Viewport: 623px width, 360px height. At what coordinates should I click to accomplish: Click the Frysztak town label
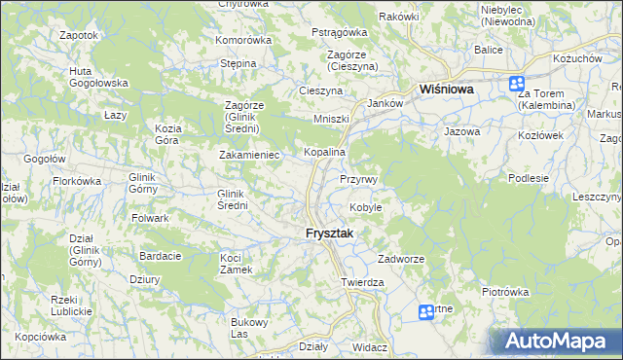(320, 234)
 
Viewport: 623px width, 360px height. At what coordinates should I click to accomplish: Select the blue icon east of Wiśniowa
(516, 85)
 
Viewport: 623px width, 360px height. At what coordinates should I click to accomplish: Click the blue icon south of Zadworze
(425, 312)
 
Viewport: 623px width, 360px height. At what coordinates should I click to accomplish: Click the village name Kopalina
(325, 153)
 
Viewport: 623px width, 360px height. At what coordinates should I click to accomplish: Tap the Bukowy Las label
(247, 328)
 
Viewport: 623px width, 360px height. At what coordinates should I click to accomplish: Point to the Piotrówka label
(504, 291)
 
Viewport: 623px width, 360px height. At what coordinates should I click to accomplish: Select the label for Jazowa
(462, 129)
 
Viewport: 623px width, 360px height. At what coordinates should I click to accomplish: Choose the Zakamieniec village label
(249, 155)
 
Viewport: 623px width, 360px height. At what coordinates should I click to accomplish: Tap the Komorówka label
(243, 40)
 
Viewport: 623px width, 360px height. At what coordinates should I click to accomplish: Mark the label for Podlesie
(530, 178)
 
